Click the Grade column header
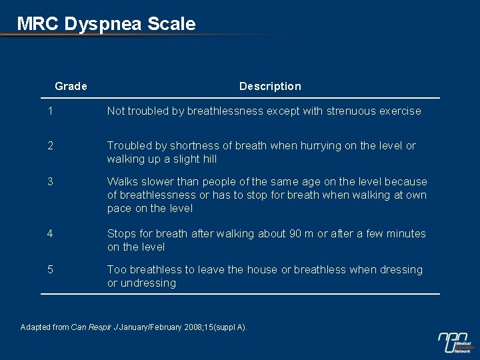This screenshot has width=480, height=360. click(x=71, y=86)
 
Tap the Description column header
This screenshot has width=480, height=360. click(x=270, y=86)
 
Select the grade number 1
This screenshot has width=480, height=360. click(x=50, y=111)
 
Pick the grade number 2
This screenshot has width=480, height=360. click(x=50, y=146)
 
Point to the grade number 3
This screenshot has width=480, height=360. click(x=50, y=181)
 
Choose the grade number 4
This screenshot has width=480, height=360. click(x=50, y=233)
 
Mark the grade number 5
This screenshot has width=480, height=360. click(x=50, y=269)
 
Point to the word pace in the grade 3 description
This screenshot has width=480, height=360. click(x=119, y=208)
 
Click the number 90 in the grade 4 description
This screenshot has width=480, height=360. click(x=297, y=233)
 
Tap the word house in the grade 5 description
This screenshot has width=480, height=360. click(x=262, y=269)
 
